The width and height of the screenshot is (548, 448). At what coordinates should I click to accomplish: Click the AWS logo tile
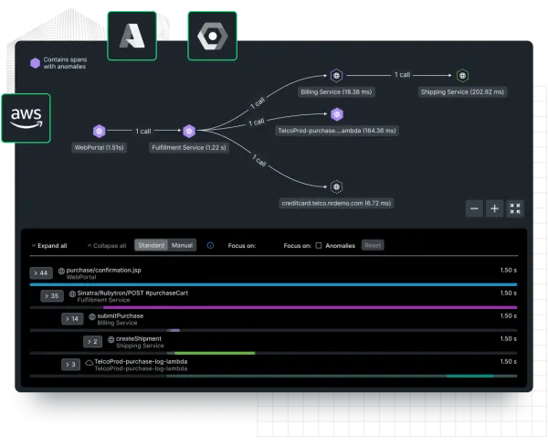point(26,118)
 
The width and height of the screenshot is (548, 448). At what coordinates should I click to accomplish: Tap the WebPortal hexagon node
point(100,131)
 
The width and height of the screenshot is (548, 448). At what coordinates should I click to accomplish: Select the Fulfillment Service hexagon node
point(189,131)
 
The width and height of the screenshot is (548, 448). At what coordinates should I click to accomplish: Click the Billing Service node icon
point(336,75)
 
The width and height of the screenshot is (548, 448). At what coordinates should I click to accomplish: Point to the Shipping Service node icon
point(462,75)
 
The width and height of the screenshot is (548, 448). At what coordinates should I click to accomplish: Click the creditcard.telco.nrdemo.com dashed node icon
point(336,187)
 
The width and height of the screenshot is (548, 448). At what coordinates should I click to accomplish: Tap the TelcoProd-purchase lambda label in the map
point(337,131)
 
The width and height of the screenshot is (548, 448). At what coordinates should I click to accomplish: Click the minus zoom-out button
point(474,208)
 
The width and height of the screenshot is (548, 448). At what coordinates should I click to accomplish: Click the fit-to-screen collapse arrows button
point(515,208)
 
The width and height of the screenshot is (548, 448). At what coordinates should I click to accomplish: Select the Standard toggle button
point(152,245)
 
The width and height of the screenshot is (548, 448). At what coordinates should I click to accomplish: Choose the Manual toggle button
point(182,245)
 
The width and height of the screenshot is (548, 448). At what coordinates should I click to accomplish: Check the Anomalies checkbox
point(319,246)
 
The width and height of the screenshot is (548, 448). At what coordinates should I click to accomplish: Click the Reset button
point(373,245)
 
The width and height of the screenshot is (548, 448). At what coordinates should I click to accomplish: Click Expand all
point(49,246)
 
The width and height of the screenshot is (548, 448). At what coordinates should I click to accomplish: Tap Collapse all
point(107,246)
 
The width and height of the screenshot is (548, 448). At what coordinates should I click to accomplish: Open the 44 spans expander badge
point(41,273)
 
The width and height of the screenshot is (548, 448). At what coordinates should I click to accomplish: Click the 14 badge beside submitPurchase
point(72,318)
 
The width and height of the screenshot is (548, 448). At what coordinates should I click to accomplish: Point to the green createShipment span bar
point(215,353)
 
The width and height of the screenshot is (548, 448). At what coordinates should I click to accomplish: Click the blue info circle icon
point(210,246)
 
